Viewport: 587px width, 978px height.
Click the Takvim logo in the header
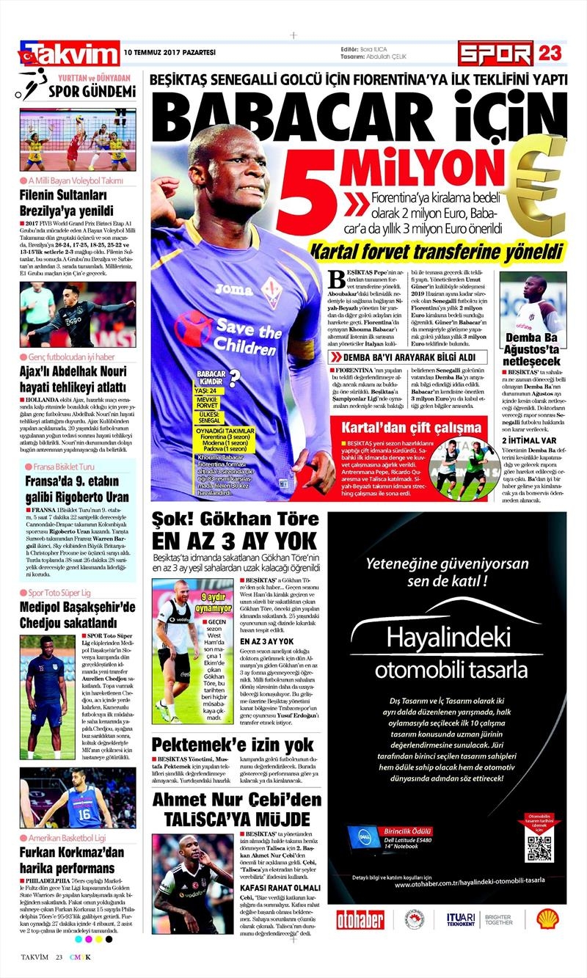pyautogui.click(x=70, y=54)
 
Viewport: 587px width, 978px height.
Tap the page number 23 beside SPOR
pyautogui.click(x=550, y=53)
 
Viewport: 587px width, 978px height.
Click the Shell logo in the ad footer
pyautogui.click(x=547, y=918)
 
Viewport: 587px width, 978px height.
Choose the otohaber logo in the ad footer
pyautogui.click(x=360, y=919)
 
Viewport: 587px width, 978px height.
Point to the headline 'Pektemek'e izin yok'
pyautogui.click(x=233, y=745)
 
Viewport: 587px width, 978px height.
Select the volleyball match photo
pyautogui.click(x=78, y=140)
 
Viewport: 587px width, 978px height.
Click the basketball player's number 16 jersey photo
pyautogui.click(x=78, y=798)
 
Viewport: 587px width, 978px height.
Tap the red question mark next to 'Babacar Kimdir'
pyautogui.click(x=234, y=379)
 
